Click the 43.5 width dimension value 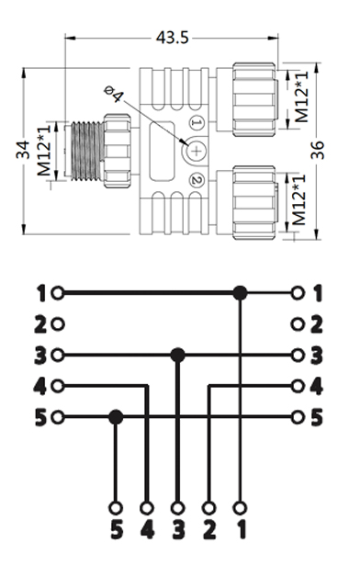click(172, 38)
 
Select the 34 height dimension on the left click(23, 149)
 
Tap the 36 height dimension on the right click(317, 150)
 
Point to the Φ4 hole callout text click(113, 94)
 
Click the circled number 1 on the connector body click(197, 122)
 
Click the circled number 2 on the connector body click(197, 180)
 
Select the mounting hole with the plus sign click(197, 151)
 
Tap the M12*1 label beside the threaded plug click(44, 151)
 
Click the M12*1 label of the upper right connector click(301, 96)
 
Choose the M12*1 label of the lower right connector click(298, 200)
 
